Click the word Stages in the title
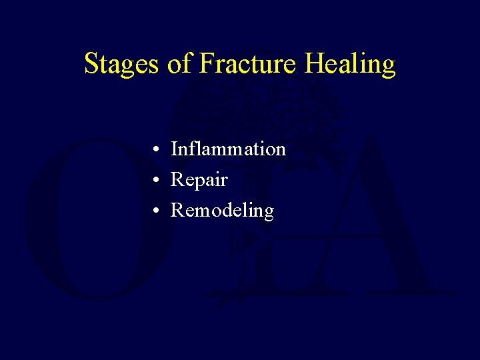click(x=121, y=65)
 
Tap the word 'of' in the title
click(x=179, y=64)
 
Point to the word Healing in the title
click(x=350, y=65)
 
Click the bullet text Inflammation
click(x=228, y=149)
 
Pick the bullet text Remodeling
click(x=222, y=211)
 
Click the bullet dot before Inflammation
click(x=154, y=150)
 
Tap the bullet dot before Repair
click(x=154, y=181)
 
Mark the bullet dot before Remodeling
click(x=154, y=211)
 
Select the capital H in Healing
click(x=314, y=63)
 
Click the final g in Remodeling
click(x=268, y=213)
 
